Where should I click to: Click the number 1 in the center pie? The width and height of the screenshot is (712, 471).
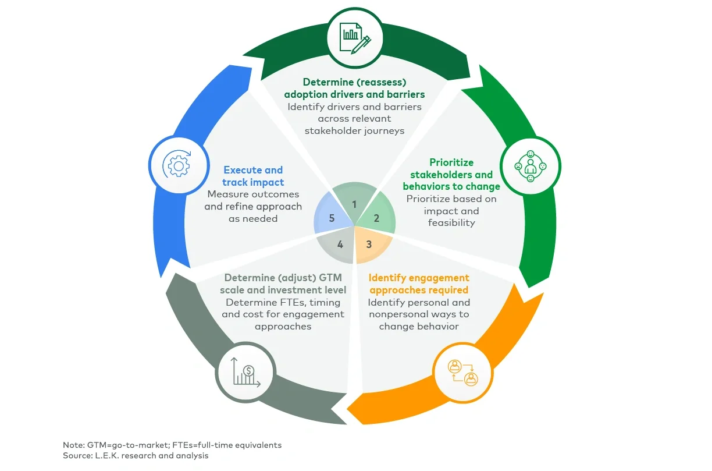(x=354, y=204)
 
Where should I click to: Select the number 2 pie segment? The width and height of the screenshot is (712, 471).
(x=376, y=219)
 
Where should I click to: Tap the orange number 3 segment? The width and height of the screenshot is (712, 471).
(x=369, y=244)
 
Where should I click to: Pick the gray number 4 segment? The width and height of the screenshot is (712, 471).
(x=340, y=245)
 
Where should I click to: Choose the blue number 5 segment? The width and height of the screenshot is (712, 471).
(x=332, y=219)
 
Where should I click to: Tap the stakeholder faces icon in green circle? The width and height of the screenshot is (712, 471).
(x=530, y=166)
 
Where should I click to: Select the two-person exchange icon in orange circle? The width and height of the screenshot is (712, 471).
(x=462, y=373)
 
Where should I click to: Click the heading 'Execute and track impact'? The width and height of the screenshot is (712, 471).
(x=252, y=176)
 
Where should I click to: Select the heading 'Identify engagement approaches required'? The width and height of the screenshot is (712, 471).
(x=419, y=284)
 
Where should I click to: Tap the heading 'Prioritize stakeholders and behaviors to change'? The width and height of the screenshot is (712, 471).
(x=451, y=175)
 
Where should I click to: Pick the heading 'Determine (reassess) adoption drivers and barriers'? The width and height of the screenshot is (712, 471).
(x=354, y=88)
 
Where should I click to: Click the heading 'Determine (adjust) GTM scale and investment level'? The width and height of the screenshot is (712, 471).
(x=285, y=284)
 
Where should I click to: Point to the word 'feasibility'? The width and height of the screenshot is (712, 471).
(x=451, y=223)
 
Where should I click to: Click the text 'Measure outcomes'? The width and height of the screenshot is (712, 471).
(x=253, y=194)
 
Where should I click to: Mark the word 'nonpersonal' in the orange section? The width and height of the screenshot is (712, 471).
(x=396, y=314)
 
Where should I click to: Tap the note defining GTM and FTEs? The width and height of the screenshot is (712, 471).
(x=172, y=445)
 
